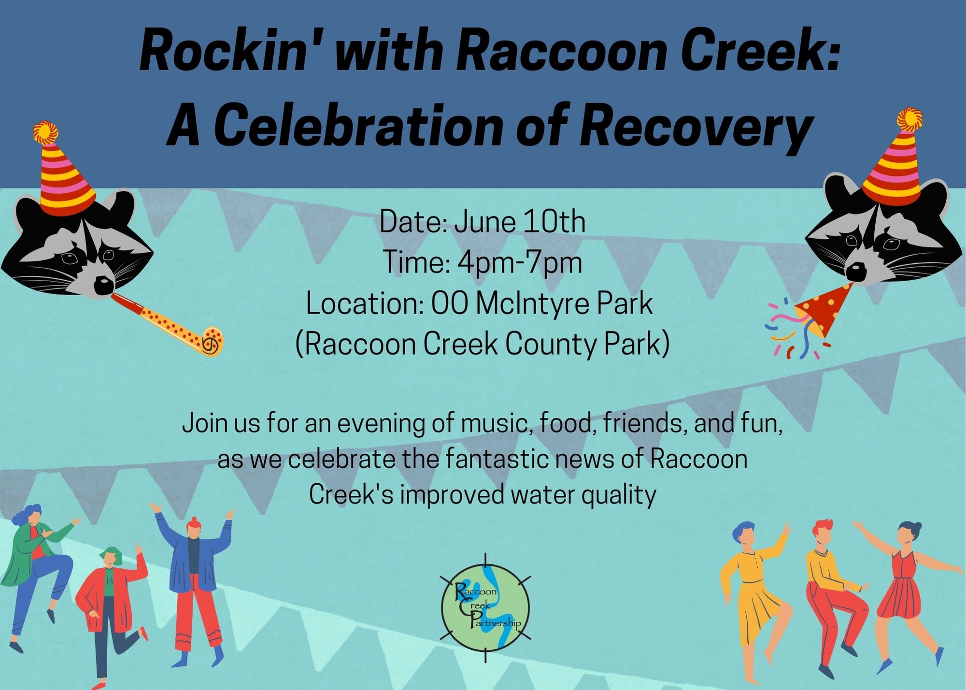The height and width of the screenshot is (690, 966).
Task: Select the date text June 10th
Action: point(520,222)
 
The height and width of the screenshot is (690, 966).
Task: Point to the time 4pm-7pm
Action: point(520,263)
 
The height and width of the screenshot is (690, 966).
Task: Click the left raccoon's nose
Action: point(104,285)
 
